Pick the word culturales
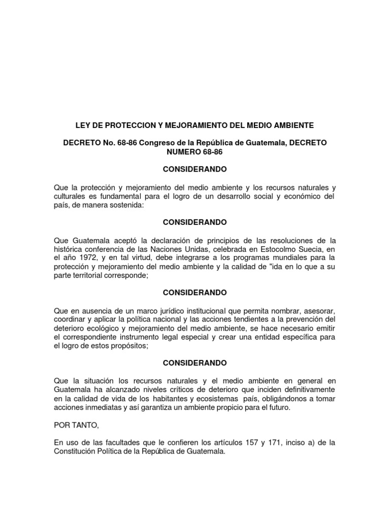point(72,197)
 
